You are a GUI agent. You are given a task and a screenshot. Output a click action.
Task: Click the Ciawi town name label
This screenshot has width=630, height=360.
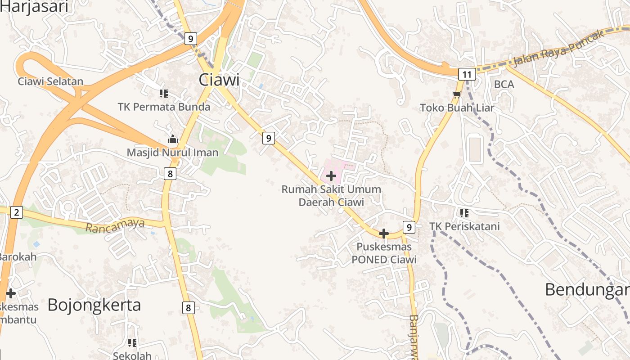pos(219,80)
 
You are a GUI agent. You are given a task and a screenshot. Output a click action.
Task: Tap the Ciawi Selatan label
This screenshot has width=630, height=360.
pos(51,81)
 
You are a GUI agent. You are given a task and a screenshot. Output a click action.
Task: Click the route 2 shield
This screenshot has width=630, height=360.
pos(16,212)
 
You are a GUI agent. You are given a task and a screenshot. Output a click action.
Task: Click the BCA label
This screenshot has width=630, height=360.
pos(504,84)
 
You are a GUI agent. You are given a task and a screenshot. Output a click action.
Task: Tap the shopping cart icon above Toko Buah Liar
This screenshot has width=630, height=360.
pos(457,94)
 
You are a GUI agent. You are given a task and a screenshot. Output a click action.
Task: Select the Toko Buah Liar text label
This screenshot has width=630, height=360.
pos(457,108)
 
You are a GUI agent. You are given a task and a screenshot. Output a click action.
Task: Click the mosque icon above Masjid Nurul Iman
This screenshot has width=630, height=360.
pos(172,139)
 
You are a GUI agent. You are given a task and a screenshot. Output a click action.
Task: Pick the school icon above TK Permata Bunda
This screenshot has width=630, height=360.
pos(164,94)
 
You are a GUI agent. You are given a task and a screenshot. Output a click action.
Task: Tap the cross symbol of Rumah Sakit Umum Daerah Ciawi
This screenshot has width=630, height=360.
pos(331,176)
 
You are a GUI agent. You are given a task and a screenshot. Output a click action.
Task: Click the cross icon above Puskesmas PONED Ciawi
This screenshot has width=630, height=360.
pos(384,234)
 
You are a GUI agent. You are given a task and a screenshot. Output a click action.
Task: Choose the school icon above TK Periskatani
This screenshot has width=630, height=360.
pos(464,213)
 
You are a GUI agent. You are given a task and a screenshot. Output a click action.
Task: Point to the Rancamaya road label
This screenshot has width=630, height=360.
pos(115,225)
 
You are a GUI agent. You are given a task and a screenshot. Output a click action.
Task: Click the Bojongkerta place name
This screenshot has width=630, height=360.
pos(94,305)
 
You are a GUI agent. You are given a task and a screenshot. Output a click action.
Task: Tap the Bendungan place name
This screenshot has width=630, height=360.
pos(587,289)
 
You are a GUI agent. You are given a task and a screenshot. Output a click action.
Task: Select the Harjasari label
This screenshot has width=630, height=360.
pos(34,7)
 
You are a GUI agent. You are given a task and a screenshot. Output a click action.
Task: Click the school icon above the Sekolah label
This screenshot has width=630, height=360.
pos(132,343)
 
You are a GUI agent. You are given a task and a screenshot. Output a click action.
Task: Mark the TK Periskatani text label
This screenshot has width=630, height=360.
pos(464,226)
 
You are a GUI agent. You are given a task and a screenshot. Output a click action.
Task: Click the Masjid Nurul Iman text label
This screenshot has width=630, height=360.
pos(172,153)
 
